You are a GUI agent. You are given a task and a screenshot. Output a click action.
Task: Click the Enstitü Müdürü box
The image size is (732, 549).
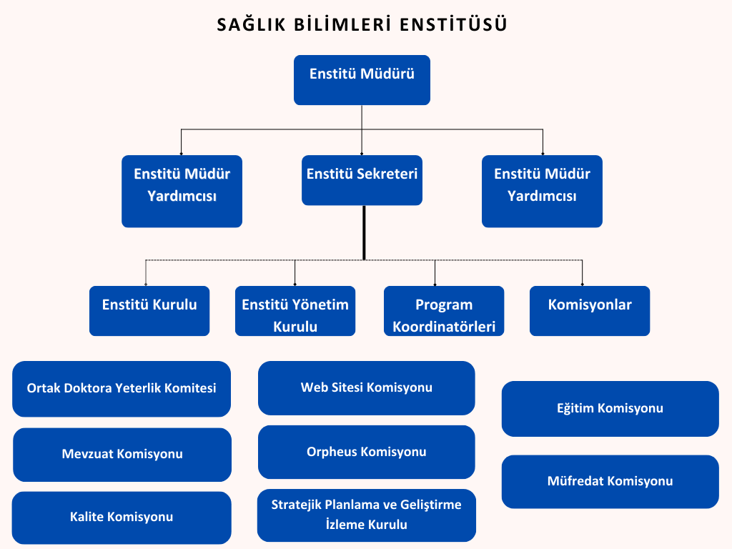click(362, 80)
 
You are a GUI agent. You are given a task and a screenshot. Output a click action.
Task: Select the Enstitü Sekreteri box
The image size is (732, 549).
click(362, 180)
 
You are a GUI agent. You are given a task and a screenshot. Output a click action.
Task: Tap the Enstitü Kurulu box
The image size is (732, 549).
click(149, 311)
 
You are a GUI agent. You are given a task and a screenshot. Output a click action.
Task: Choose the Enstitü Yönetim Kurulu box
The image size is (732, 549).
click(295, 311)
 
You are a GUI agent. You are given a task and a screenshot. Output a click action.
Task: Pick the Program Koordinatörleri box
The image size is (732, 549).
click(444, 311)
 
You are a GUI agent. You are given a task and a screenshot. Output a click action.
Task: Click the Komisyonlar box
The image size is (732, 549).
click(590, 311)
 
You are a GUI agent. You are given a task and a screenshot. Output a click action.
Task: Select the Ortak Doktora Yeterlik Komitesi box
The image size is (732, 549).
click(122, 389)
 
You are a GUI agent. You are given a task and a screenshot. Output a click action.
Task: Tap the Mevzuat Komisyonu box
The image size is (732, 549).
click(122, 455)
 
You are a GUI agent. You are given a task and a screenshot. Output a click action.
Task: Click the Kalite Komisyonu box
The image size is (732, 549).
click(122, 518)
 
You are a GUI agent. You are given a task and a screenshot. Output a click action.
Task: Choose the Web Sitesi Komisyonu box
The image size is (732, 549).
click(367, 388)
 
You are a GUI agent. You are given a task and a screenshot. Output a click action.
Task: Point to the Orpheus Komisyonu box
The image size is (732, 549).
click(367, 452)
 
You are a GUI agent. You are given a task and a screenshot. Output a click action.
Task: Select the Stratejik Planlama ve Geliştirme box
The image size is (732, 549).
click(367, 515)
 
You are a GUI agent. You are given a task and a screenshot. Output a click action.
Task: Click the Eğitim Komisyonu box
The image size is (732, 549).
click(610, 409)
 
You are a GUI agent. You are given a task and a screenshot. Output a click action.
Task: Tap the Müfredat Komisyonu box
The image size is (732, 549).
click(610, 482)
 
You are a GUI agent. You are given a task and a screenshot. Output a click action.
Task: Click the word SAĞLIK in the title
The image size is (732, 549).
click(251, 24)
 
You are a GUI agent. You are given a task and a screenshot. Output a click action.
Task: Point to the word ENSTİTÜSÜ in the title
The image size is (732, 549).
click(453, 24)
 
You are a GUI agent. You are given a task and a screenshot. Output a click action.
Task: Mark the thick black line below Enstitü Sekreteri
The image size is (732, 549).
click(364, 232)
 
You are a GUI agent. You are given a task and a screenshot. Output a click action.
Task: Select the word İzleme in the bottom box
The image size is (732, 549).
click(344, 524)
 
